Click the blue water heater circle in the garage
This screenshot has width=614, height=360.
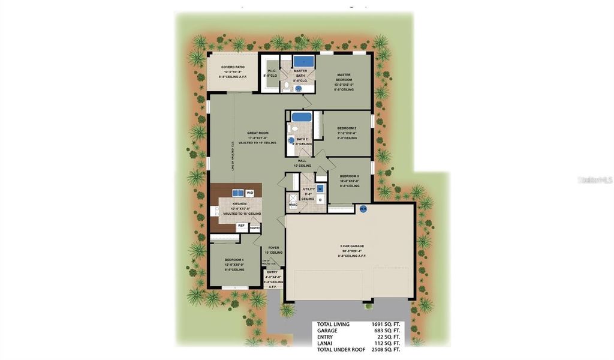pyautogui.click(x=363, y=209)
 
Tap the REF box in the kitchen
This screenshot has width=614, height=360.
pyautogui.click(x=241, y=227)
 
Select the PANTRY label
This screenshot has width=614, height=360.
pyautogui.click(x=255, y=227)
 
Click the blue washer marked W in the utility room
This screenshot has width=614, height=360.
pyautogui.click(x=320, y=188)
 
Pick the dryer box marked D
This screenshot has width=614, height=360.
pyautogui.click(x=320, y=199)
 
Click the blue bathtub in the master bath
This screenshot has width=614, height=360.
pyautogui.click(x=304, y=61)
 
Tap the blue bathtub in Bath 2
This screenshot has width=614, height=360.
pyautogui.click(x=301, y=117)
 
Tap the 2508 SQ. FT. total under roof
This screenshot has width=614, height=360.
pyautogui.click(x=386, y=350)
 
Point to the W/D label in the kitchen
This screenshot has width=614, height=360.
pyautogui.click(x=250, y=193)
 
